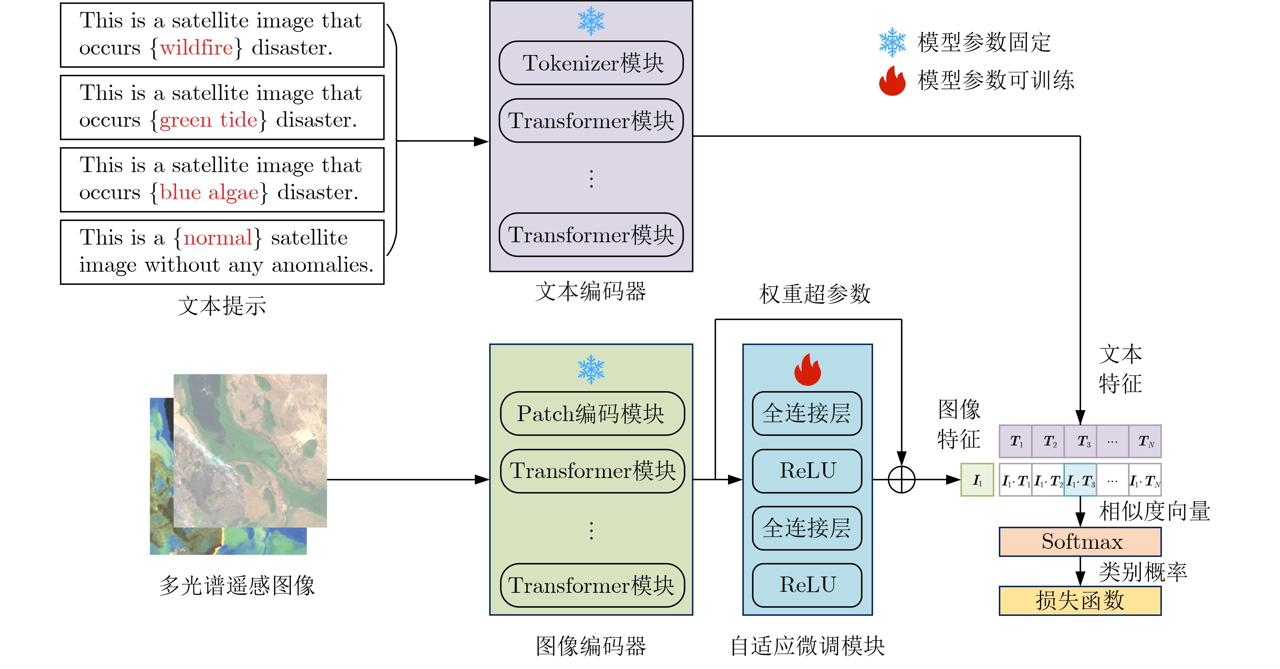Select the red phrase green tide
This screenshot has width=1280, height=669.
tap(209, 120)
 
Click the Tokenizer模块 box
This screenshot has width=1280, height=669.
tap(591, 63)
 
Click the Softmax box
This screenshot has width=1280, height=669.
tap(1080, 542)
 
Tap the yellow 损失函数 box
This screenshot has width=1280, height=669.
tap(1080, 601)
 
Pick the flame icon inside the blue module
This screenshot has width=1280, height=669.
tap(808, 370)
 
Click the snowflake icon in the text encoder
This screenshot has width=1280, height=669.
tap(591, 21)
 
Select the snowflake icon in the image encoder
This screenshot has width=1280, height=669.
tap(591, 369)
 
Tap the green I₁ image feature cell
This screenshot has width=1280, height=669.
tap(977, 480)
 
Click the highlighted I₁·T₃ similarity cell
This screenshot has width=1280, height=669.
tap(1080, 480)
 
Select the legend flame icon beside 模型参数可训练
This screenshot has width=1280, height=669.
tap(892, 81)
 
